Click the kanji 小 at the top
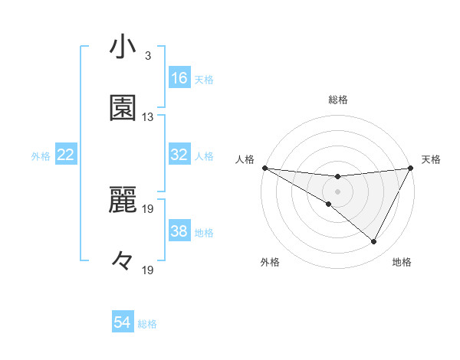123,48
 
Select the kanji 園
123,108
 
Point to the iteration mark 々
123,261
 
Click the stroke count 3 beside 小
147,56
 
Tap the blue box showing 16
179,78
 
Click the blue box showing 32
179,155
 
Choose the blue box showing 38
179,231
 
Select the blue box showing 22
66,155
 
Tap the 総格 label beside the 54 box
147,324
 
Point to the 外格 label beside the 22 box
41,155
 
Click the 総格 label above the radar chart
338,100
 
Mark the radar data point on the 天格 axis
411,168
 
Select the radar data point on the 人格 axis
264,168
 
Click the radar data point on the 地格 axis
374,242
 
